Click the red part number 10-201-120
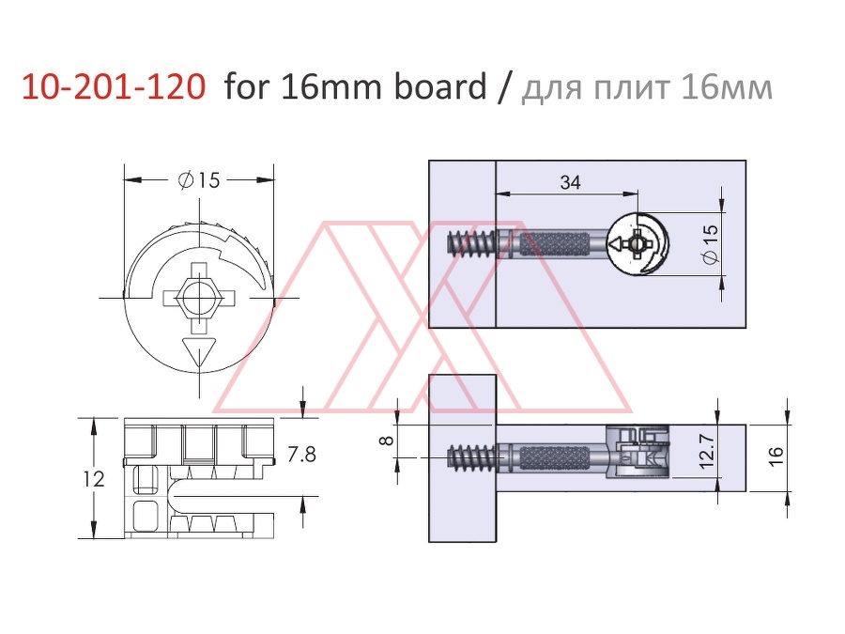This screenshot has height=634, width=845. coord(114,86)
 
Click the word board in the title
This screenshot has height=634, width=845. coord(440,85)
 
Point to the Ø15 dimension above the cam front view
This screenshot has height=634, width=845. coord(199,180)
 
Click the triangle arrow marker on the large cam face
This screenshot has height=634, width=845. coord(200,351)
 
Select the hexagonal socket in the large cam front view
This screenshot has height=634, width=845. coord(199,297)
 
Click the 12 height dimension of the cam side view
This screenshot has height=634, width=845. coord(94,479)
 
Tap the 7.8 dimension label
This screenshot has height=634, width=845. coord(301,455)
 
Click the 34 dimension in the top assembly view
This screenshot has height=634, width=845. coord(570,182)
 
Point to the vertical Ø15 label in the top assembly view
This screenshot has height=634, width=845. coord(711,244)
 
